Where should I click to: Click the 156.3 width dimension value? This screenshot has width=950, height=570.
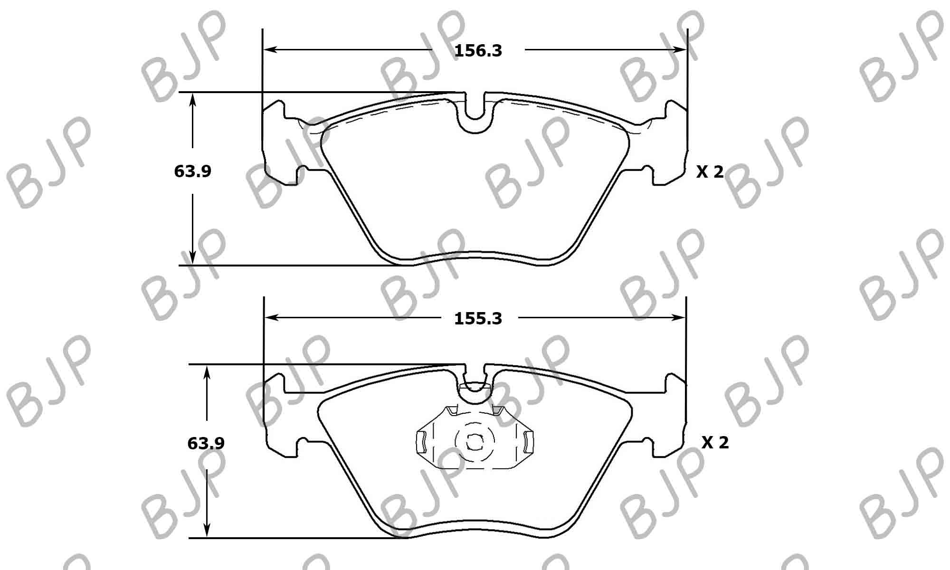pos(478,51)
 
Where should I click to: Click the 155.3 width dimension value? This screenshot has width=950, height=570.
pos(478,319)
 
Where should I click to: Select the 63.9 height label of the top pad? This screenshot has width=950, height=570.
pos(192,171)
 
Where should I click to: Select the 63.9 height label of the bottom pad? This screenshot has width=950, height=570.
pos(206,444)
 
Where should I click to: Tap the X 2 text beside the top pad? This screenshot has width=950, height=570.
pos(710,172)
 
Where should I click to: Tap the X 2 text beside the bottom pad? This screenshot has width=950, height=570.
pos(715,443)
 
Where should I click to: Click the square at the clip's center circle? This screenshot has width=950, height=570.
pos(474,442)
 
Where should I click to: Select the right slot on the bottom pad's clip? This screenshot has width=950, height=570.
pos(527,442)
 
